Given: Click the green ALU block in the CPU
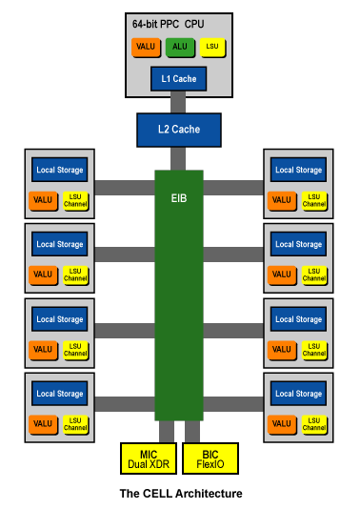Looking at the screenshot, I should (179, 47).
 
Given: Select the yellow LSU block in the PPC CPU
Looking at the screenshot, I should (210, 47).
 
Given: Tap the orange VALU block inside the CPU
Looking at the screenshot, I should (147, 47).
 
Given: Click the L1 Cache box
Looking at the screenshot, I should (178, 78).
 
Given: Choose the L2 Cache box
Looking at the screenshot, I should (178, 130).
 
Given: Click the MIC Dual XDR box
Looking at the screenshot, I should (149, 458).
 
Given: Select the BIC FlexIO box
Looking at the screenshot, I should (210, 458).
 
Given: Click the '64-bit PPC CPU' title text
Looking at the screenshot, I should (168, 22).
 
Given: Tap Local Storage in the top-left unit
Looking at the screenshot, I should (59, 170).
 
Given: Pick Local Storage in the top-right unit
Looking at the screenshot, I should (298, 170).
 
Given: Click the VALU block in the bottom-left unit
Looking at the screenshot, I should (43, 424).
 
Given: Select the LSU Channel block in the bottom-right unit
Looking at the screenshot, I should (314, 424).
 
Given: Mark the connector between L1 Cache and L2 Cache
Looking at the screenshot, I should (178, 103).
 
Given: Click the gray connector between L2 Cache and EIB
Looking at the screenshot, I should (178, 158).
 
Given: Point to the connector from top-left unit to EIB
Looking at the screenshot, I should (124, 188).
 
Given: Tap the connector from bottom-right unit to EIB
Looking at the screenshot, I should (233, 404).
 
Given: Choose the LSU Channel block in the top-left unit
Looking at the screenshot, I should (75, 201).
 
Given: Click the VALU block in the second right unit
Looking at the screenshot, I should (282, 275).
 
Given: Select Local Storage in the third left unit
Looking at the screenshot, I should (59, 319).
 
